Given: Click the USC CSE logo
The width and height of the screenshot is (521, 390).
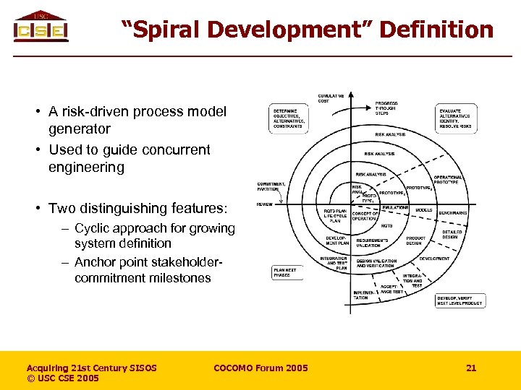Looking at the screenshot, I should click(41, 27).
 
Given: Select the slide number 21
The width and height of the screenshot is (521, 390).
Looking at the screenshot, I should click(471, 368).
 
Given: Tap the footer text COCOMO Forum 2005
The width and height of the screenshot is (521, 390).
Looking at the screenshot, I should click(260, 368).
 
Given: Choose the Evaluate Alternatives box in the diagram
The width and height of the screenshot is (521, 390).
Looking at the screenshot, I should click(456, 118).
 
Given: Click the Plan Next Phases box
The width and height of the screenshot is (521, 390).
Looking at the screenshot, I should click(286, 272).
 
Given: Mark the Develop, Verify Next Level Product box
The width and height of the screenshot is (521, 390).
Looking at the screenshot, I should click(459, 300).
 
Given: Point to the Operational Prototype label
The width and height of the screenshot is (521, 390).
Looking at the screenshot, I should click(449, 180).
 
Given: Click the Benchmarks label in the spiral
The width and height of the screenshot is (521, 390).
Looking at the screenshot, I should click(452, 213).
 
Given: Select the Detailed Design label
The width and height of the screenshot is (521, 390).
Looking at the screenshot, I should click(451, 234).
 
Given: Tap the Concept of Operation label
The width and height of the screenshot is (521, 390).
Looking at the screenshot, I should click(365, 216).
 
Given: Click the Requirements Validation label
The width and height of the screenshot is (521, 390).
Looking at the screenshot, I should click(372, 242).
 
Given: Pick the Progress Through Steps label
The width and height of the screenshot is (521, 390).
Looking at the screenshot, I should click(386, 108).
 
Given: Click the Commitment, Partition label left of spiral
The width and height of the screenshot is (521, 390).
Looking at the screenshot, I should click(271, 187).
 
